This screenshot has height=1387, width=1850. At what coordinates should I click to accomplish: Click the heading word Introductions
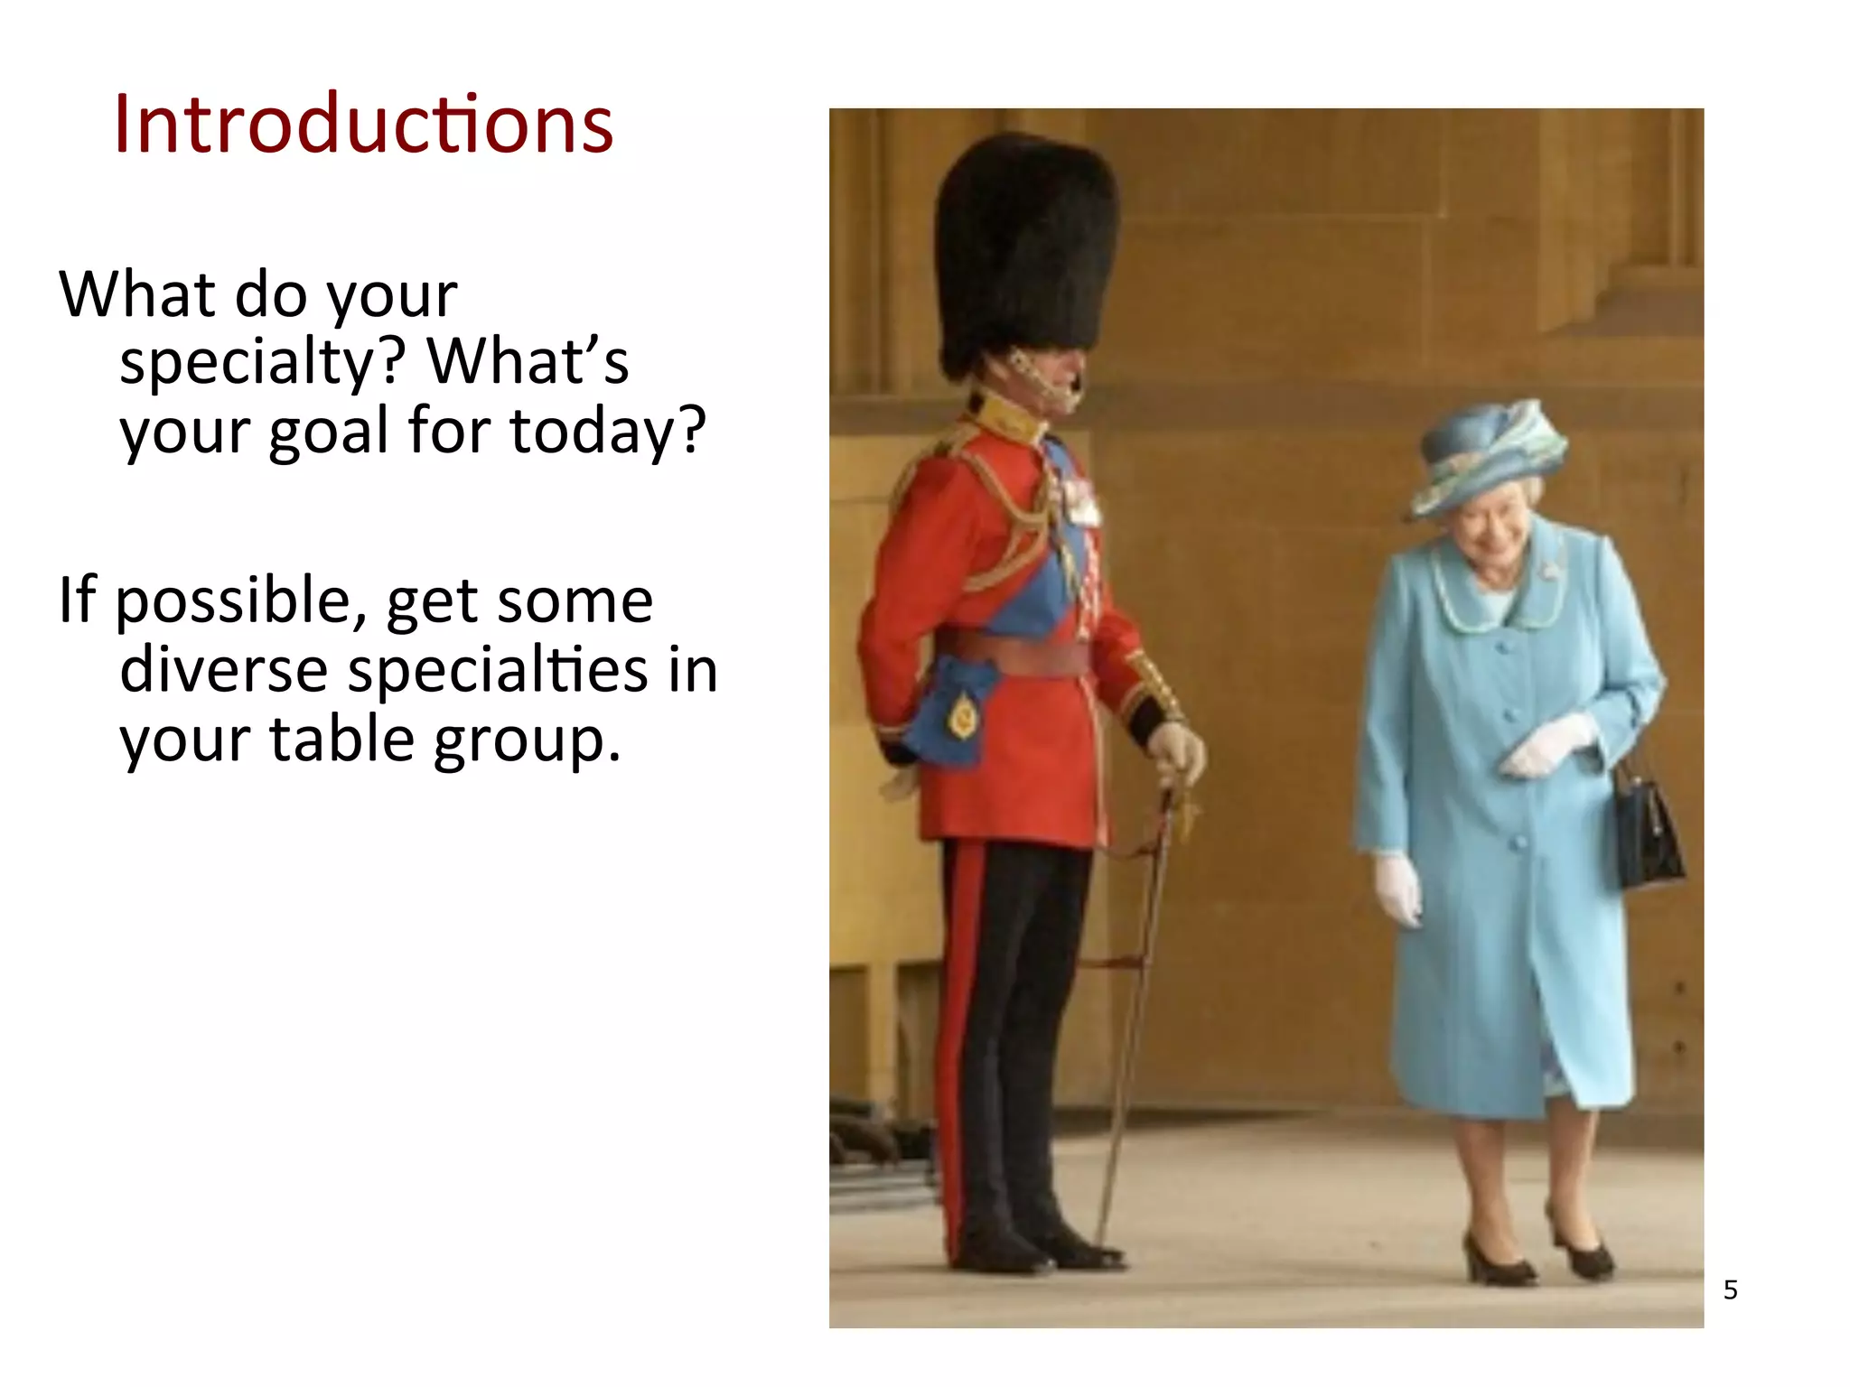pyautogui.click(x=363, y=125)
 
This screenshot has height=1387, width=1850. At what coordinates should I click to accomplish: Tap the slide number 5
pyautogui.click(x=1730, y=1289)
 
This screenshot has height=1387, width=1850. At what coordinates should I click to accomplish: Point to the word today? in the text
pyautogui.click(x=607, y=432)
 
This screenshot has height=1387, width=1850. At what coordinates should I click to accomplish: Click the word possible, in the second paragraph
pyautogui.click(x=240, y=601)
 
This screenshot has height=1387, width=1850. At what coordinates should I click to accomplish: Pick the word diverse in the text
pyautogui.click(x=223, y=670)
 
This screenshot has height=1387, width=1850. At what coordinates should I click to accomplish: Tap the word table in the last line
pyautogui.click(x=341, y=739)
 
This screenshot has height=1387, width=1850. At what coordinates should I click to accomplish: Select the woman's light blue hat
pyautogui.click(x=1486, y=456)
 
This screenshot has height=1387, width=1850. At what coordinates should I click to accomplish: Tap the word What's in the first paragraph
pyautogui.click(x=528, y=361)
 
